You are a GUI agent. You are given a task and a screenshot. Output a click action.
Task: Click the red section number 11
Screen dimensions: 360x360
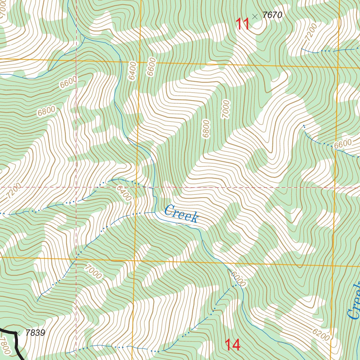click(243, 24)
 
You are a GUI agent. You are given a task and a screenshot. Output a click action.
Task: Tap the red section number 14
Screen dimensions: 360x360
click(233, 345)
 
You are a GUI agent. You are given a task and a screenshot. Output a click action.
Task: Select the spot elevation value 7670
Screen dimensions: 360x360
click(272, 15)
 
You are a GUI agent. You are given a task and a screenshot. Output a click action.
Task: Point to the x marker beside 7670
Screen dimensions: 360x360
click(255, 16)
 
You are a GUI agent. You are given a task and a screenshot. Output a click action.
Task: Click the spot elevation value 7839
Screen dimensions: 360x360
click(35, 333)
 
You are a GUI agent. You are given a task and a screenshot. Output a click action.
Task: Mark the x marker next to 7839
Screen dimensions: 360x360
click(18, 332)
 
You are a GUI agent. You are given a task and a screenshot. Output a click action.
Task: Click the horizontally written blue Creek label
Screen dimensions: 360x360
click(181, 214)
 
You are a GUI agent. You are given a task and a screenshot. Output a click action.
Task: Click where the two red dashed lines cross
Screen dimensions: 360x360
click(76, 187)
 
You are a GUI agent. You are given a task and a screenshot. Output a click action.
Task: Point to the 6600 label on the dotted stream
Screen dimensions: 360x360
click(343, 144)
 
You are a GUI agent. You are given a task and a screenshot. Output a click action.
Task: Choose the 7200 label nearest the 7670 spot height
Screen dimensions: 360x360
click(311, 31)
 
